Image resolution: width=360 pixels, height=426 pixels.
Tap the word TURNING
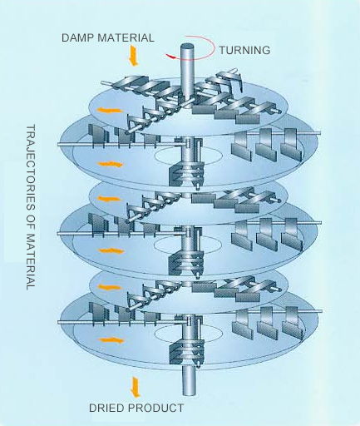[x=244, y=50]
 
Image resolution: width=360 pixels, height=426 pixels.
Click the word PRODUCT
[x=156, y=408]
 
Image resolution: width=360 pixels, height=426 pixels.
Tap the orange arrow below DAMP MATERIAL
[x=134, y=57]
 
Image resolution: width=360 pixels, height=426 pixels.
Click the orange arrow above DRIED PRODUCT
[x=136, y=387]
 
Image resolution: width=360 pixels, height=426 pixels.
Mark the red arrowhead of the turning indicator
[x=171, y=57]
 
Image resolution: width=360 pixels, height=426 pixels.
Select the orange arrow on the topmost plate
[x=109, y=111]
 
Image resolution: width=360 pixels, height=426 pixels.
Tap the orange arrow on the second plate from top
[x=110, y=164]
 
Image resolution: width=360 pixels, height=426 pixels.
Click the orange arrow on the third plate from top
[x=110, y=199]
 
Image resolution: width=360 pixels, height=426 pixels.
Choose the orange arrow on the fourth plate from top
[x=111, y=251]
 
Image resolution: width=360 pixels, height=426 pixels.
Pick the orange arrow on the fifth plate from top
[x=110, y=287]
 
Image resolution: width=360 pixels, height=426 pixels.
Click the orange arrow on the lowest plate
[x=111, y=340]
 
